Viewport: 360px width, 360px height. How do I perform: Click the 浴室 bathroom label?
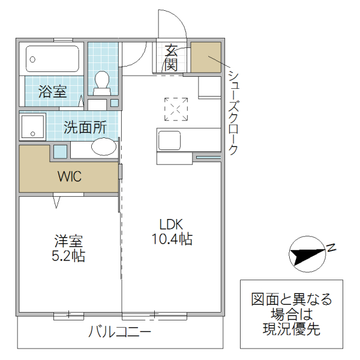[x=53, y=92]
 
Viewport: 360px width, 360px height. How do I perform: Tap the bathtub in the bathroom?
[x=53, y=59]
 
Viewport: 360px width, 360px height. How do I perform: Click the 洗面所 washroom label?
[x=85, y=127]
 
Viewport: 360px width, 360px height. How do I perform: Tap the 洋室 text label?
[x=68, y=242]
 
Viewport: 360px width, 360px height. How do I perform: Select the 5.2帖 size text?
[x=68, y=256]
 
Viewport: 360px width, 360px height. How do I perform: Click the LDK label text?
[x=171, y=224]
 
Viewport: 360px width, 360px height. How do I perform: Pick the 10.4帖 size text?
[x=172, y=239]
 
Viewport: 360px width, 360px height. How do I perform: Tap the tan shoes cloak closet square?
[x=206, y=57]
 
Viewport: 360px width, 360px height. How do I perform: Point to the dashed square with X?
[x=176, y=109]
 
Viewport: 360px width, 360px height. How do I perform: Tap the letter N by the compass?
[x=331, y=247]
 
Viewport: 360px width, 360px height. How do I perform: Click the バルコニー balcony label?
[x=120, y=331]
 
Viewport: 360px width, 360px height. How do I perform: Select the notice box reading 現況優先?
[x=291, y=314]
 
